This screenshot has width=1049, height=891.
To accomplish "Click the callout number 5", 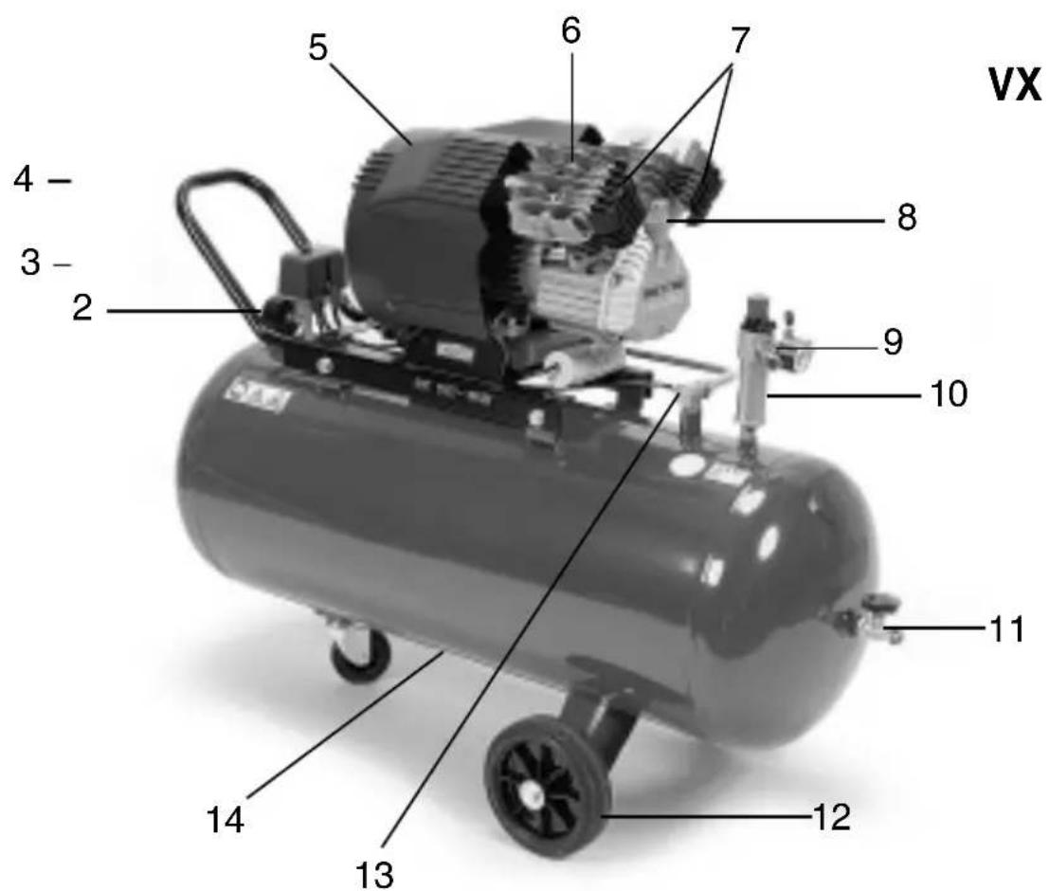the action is (318, 48).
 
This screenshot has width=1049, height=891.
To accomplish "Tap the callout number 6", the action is (570, 31).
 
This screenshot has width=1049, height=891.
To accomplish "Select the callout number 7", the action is (739, 41).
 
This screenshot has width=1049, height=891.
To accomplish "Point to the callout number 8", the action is (907, 218).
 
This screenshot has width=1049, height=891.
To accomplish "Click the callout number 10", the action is (949, 394).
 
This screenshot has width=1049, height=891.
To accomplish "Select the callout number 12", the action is (832, 817).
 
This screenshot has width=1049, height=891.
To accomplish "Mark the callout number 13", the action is (373, 874).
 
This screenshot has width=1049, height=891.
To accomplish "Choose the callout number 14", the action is (226, 820).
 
